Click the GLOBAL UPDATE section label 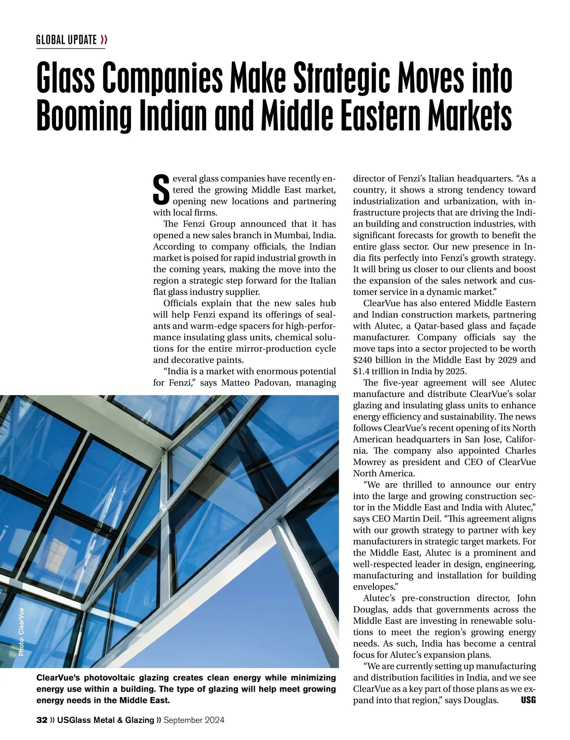(x=66, y=39)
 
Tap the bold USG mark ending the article (x=528, y=701)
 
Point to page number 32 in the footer (x=42, y=721)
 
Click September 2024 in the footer (x=194, y=721)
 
